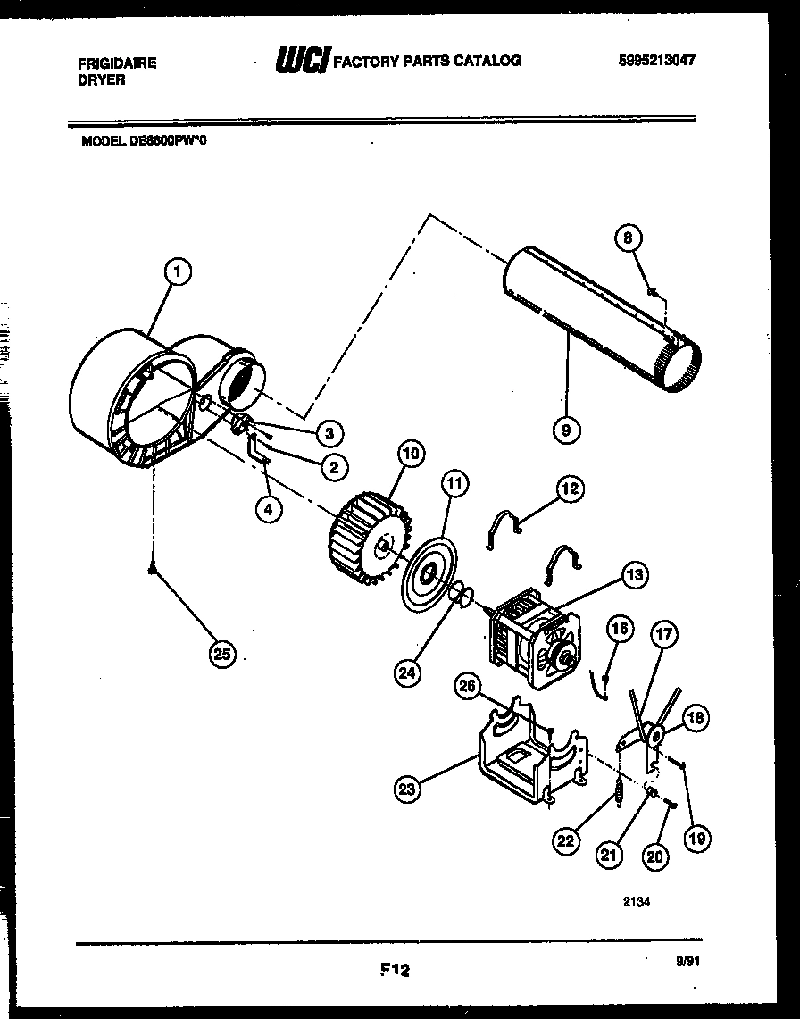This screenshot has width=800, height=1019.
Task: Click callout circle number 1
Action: [178, 272]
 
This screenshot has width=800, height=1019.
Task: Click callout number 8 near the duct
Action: [629, 238]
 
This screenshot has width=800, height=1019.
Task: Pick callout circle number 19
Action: [699, 837]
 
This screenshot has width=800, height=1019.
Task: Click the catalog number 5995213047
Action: [655, 61]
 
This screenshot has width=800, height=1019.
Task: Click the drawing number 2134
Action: [637, 901]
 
